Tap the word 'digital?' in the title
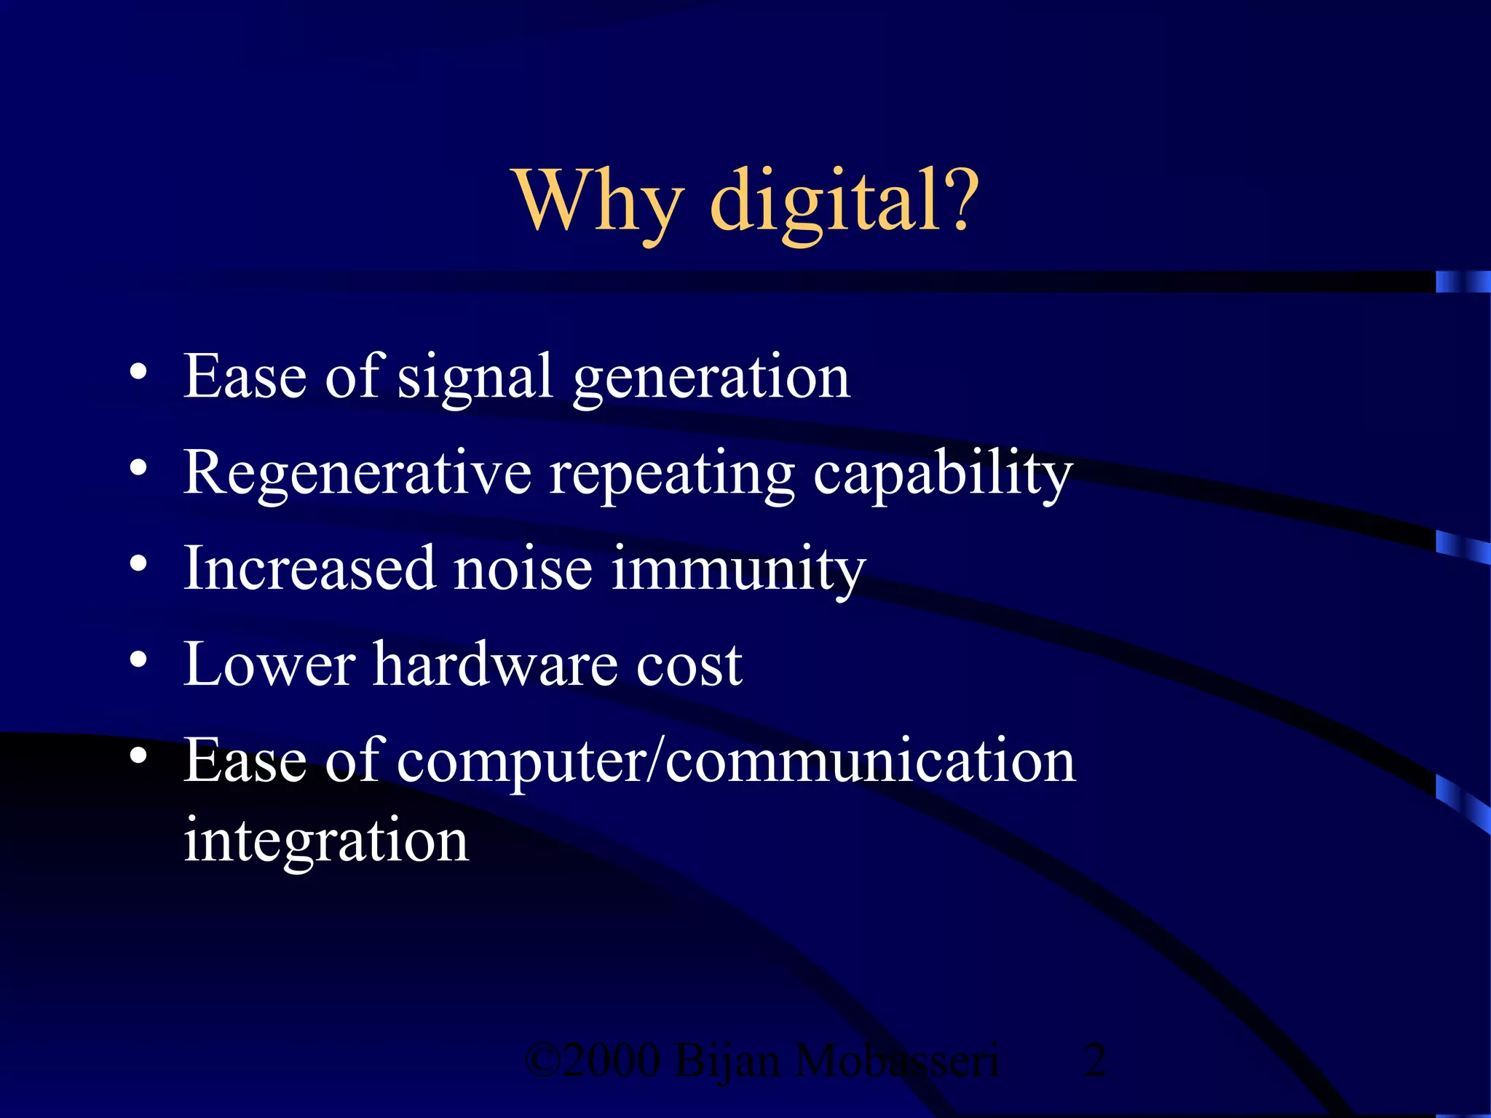click(845, 200)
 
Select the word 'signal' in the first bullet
click(475, 378)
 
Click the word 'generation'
click(711, 378)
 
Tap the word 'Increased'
click(309, 569)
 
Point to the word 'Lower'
click(269, 665)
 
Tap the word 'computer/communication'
click(736, 761)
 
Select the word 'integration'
click(326, 841)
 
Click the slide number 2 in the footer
click(1095, 1060)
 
